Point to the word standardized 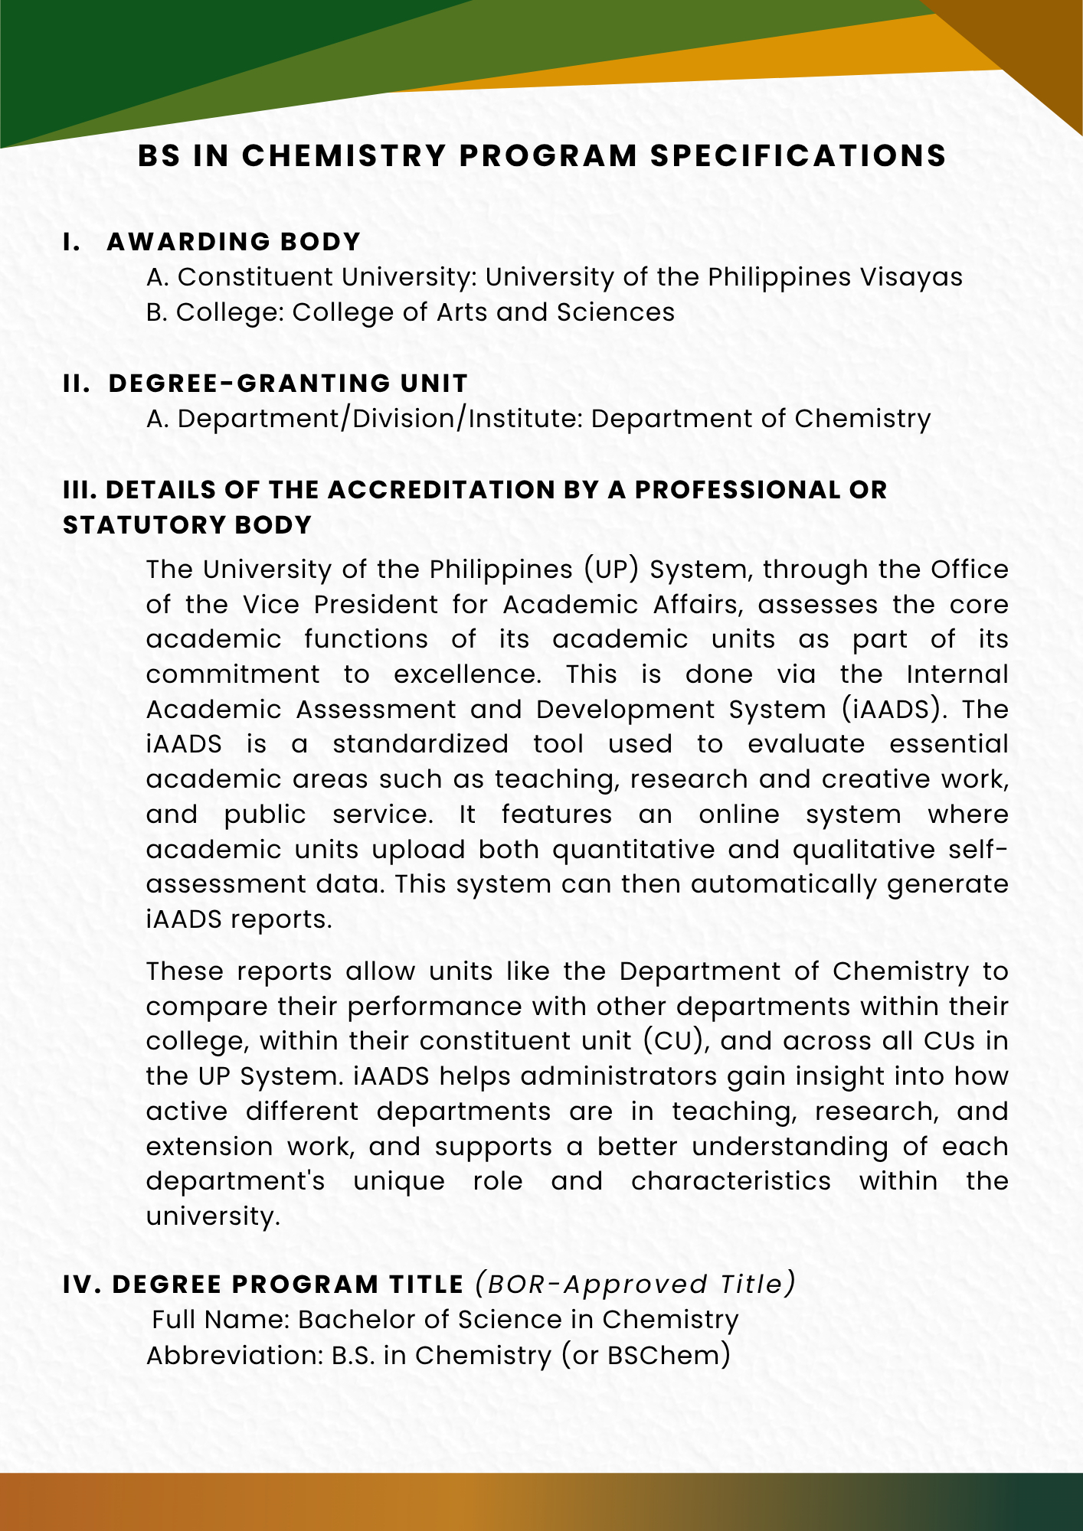pos(420,744)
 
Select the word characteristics pos(731,1181)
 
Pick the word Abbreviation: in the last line pos(234,1356)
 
